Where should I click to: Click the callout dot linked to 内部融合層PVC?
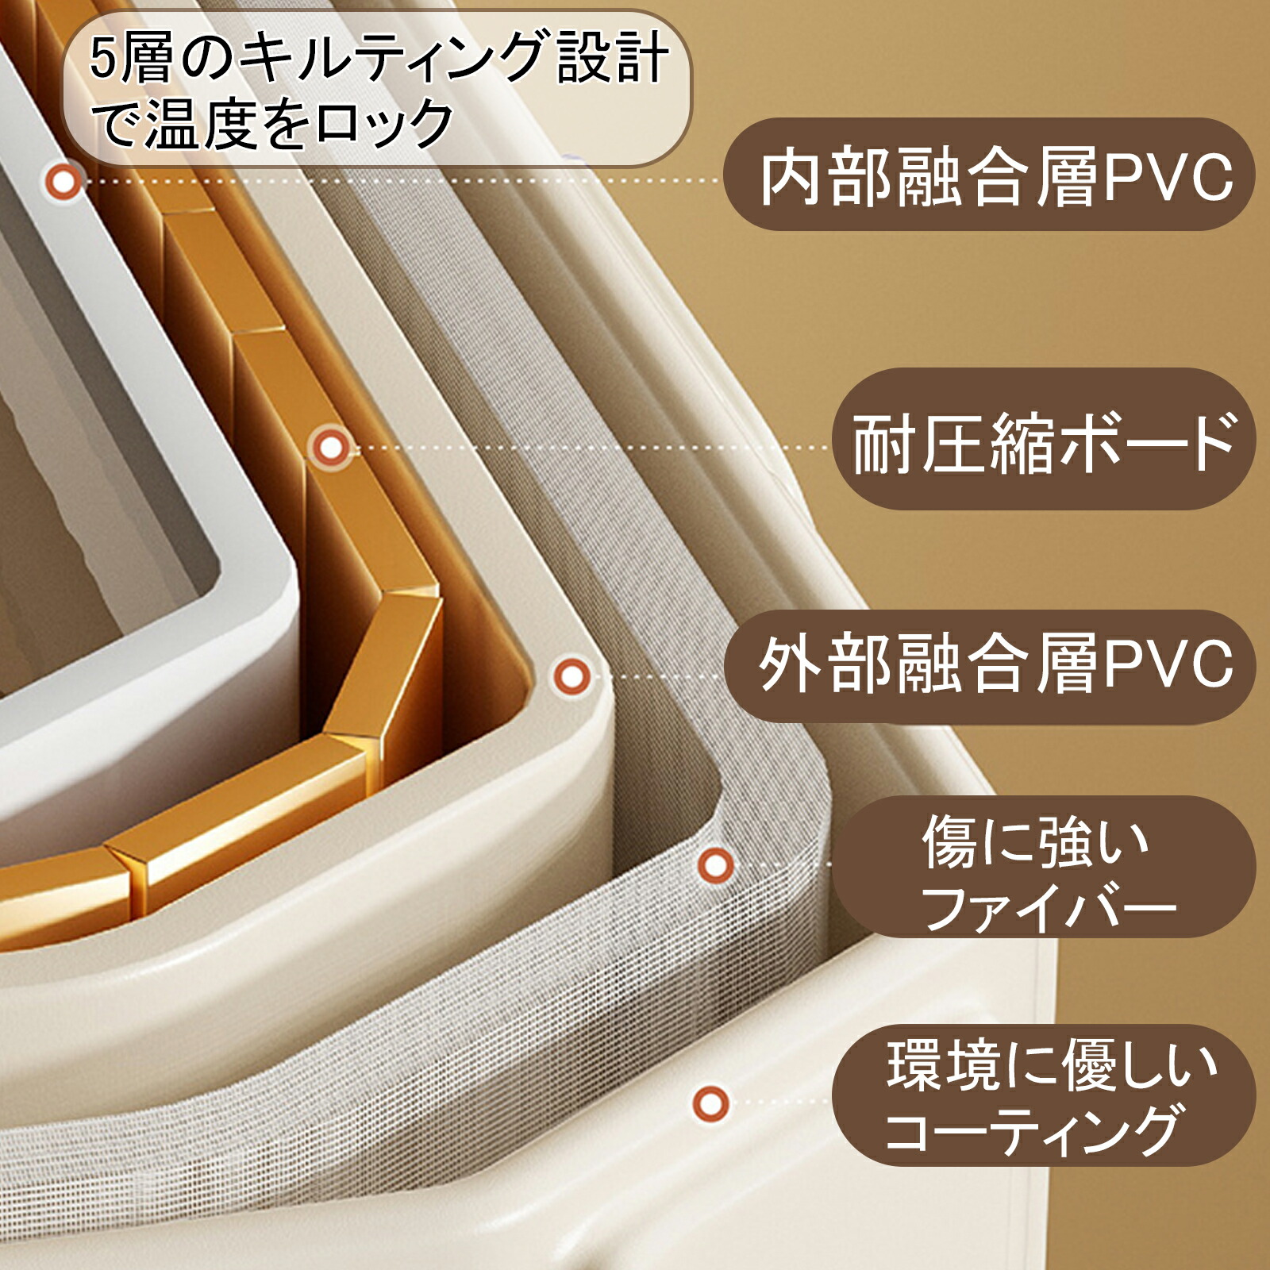63,182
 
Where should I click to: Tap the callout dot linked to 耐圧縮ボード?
331,448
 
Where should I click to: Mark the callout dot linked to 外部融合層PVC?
571,677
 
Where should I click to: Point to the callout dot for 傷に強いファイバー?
715,864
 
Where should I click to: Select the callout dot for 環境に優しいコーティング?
710,1103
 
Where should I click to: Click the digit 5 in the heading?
103,60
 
